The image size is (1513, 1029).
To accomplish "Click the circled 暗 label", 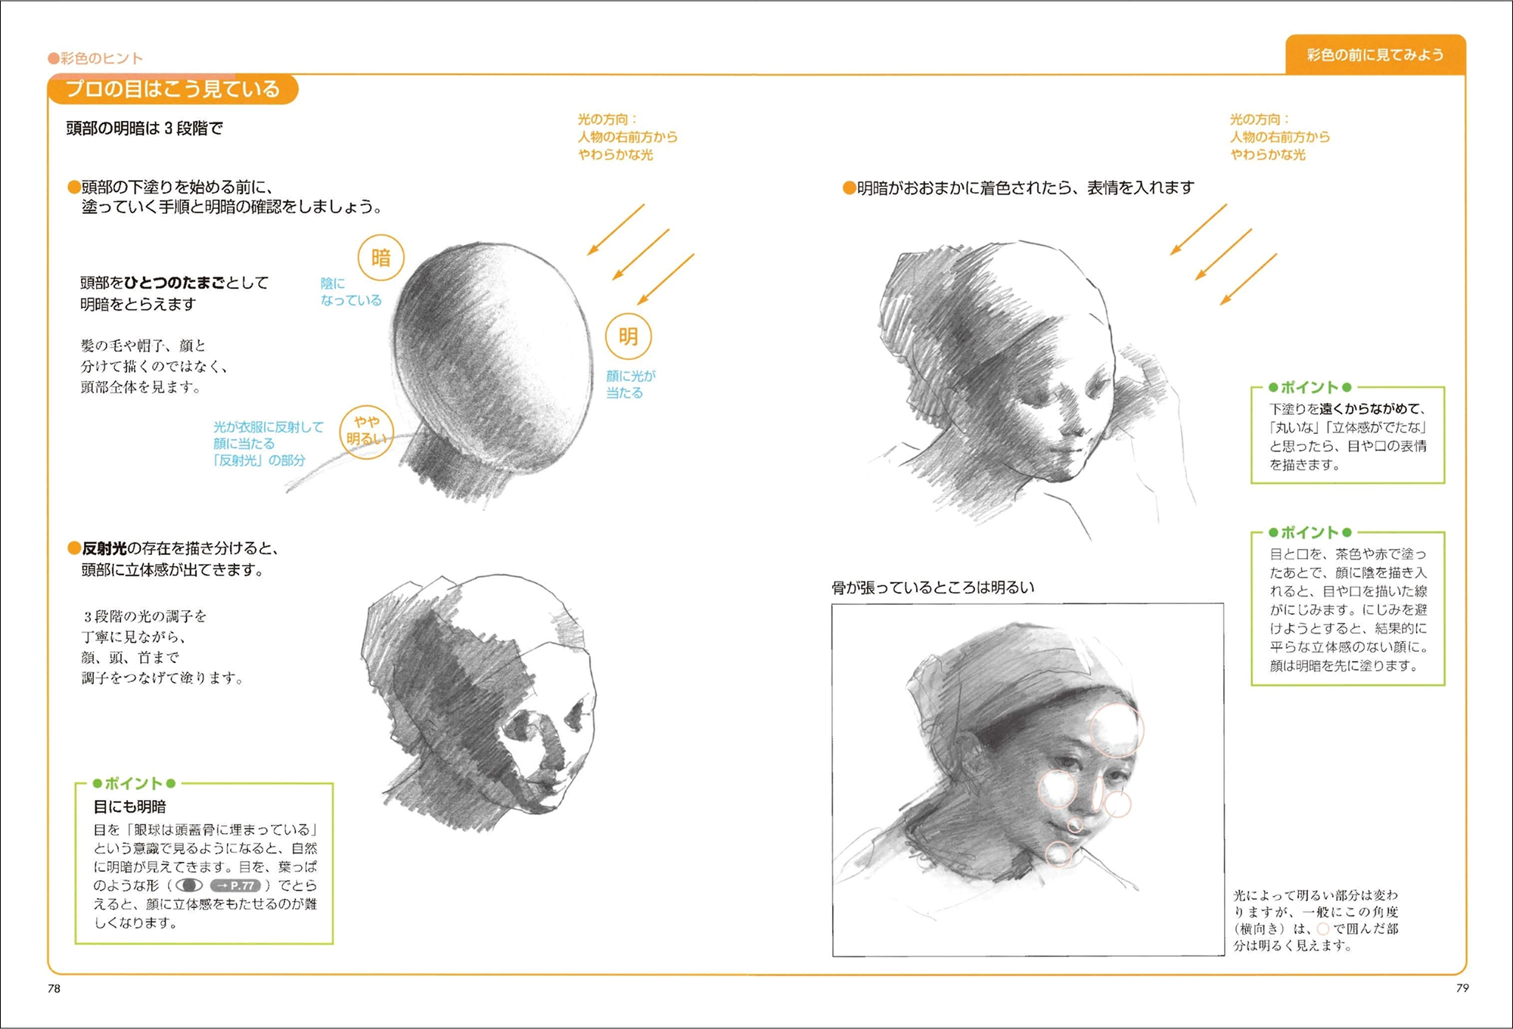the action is click(x=381, y=258).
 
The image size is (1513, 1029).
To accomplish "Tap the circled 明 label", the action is click(x=628, y=336).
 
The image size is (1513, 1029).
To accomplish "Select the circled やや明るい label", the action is click(x=366, y=432).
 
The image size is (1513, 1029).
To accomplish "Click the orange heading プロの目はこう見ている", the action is click(x=172, y=89).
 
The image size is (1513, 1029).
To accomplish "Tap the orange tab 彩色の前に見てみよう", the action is click(x=1375, y=54).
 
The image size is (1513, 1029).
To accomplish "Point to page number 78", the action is click(x=54, y=988).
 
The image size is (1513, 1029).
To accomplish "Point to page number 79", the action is click(x=1462, y=987).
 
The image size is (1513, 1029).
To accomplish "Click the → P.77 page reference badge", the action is click(x=235, y=885).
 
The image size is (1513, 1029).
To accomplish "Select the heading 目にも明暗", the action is click(x=129, y=807).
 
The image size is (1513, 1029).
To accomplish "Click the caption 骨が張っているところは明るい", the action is click(x=933, y=587).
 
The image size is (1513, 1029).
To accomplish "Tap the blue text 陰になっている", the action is click(x=350, y=292).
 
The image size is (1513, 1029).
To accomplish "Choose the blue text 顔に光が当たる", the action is click(x=630, y=384).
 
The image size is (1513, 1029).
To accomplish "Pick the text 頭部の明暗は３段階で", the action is click(x=144, y=129).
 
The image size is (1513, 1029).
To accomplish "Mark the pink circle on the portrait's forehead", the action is click(x=1116, y=730).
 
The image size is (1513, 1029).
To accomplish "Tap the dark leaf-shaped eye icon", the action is click(x=189, y=885).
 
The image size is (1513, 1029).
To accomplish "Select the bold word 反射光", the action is click(x=104, y=548).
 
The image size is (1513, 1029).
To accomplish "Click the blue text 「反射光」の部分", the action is click(x=259, y=460).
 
